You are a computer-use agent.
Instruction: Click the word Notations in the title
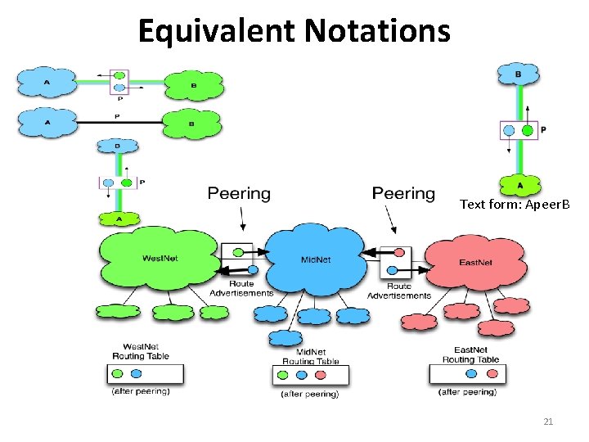(378, 31)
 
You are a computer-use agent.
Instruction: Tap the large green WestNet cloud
(160, 259)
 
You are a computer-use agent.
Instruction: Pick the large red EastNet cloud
(474, 262)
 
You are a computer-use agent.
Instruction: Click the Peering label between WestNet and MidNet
(239, 193)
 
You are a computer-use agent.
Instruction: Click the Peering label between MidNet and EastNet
(403, 193)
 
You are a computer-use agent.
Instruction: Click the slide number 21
(548, 422)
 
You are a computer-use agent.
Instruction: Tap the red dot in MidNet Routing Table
(320, 376)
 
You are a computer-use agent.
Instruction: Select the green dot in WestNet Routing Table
(121, 373)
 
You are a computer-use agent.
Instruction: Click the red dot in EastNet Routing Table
(493, 373)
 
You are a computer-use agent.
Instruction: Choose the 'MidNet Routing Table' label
(310, 356)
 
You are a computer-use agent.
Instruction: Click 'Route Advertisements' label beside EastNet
(399, 291)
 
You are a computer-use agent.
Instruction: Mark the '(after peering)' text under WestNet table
(141, 391)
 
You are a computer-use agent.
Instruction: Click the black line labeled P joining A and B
(119, 123)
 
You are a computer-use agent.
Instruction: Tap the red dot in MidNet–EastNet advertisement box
(398, 253)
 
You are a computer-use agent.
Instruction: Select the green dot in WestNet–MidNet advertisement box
(239, 252)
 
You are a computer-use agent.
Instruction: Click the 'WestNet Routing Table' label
(141, 351)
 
